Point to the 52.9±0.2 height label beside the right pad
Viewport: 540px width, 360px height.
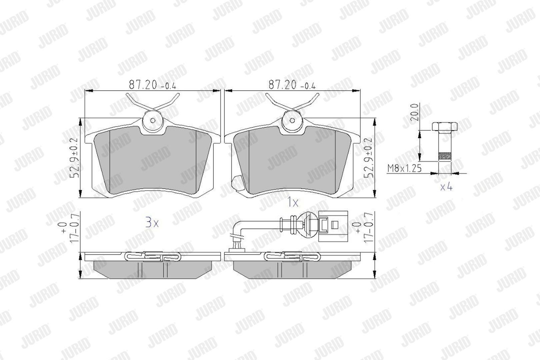tap(369, 158)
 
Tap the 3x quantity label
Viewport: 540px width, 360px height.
tap(152, 222)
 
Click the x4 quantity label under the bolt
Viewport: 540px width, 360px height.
tap(446, 187)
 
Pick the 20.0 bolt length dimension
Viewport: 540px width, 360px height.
tap(414, 112)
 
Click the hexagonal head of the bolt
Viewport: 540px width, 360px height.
tap(445, 126)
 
